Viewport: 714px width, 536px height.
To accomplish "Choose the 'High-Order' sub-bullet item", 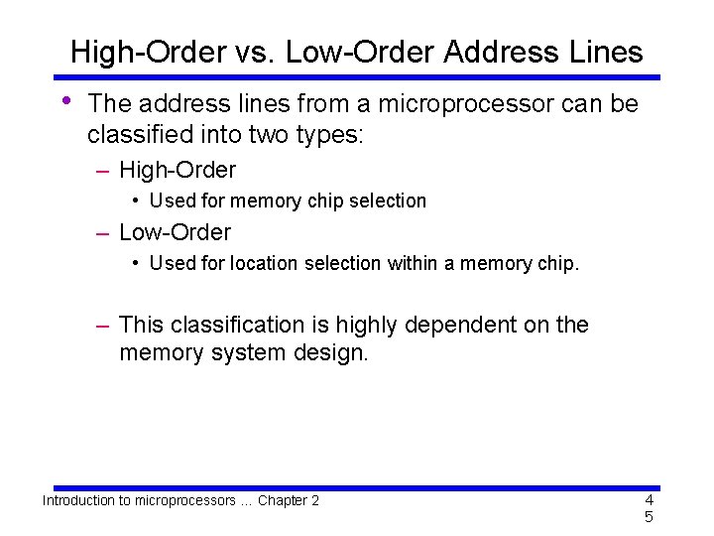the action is coord(178,171).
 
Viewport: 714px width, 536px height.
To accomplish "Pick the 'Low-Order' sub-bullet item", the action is coord(175,232).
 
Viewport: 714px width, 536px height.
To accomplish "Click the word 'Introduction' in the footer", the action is coord(77,500).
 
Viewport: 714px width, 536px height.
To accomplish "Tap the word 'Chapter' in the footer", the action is coord(283,500).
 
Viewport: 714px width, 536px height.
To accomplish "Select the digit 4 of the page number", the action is coord(649,499).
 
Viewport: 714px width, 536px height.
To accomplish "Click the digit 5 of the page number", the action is coord(649,517).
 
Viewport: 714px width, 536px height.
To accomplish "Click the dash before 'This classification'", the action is coord(102,325).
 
